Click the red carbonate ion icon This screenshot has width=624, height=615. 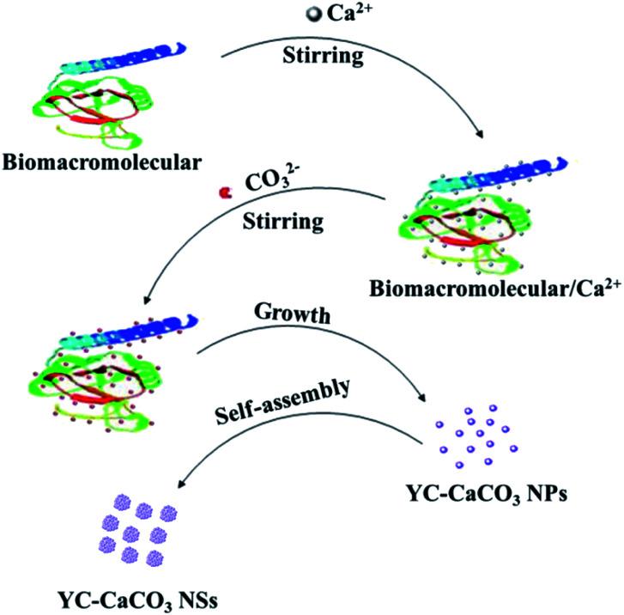point(226,194)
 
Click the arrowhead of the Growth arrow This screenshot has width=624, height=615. point(425,402)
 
